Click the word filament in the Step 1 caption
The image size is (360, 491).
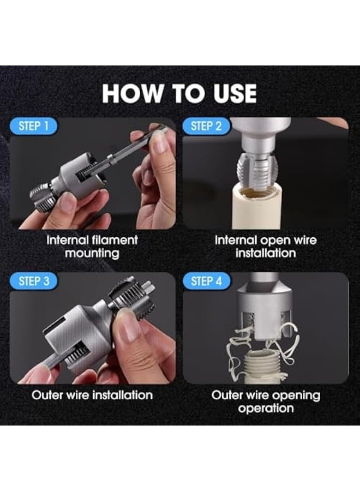click(x=112, y=240)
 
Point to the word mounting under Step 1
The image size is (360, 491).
click(x=92, y=253)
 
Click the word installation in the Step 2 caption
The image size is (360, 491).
click(x=266, y=253)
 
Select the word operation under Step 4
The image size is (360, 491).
click(x=266, y=408)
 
